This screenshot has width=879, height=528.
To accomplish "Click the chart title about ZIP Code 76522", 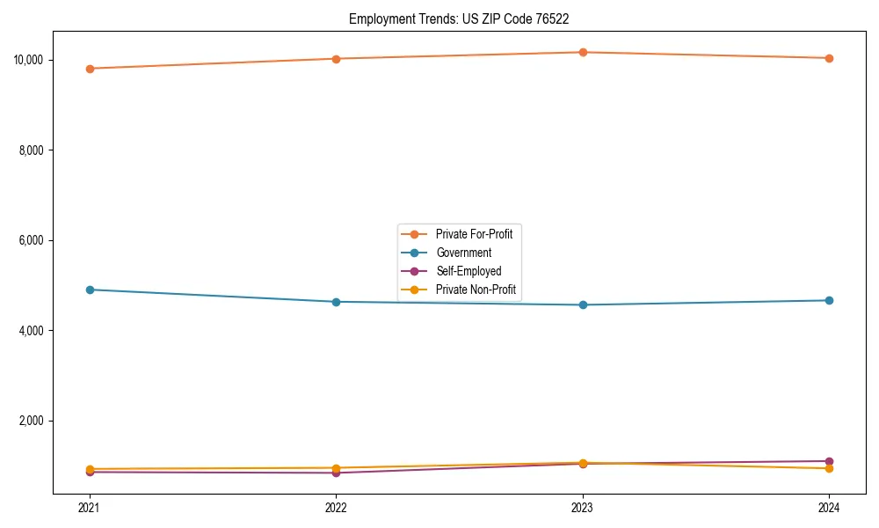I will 465,18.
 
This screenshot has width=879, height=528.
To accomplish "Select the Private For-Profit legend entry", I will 473,233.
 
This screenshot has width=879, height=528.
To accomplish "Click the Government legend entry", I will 463,253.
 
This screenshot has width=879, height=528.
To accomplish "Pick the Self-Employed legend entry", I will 468,271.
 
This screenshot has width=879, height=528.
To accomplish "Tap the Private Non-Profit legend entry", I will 475,290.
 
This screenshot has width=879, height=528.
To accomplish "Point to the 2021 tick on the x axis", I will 89,507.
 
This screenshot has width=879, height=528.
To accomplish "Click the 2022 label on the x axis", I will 336,507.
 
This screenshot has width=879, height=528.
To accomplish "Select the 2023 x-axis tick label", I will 582,507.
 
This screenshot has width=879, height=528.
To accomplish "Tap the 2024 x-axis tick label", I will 829,507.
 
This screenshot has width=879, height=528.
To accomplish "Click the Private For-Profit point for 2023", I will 582,52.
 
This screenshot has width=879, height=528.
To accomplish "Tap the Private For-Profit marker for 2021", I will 89,69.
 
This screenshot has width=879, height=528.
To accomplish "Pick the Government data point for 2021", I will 89,290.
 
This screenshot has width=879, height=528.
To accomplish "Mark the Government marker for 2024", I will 829,300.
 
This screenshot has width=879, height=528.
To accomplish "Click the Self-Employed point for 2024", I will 829,461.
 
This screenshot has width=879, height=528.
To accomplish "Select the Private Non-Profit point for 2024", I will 829,468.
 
